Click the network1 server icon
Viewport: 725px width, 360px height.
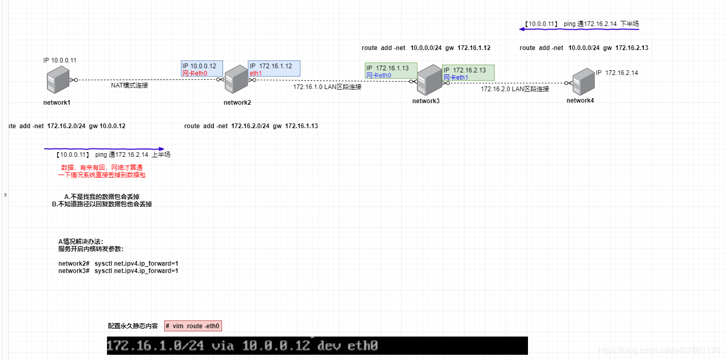(57, 81)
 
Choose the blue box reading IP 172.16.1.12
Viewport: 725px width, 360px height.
(274, 69)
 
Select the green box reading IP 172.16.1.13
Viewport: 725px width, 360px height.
(391, 71)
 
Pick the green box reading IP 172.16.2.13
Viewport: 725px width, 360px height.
(468, 73)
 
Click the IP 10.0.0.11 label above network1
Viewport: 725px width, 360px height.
(60, 60)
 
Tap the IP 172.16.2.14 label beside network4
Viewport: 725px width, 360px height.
(617, 73)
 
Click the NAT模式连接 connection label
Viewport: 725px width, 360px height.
(129, 85)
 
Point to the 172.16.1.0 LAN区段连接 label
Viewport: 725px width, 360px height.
(327, 87)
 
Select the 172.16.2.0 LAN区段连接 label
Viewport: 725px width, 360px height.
(515, 89)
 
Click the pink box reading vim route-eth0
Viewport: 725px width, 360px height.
(193, 326)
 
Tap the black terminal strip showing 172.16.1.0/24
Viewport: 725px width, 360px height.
(317, 345)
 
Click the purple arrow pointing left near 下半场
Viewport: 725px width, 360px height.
(579, 30)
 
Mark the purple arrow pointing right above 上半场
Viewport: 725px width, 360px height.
(104, 148)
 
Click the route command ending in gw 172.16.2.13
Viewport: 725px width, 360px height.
(584, 48)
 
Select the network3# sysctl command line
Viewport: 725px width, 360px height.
(118, 271)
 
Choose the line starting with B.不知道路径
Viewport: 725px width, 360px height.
(102, 204)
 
